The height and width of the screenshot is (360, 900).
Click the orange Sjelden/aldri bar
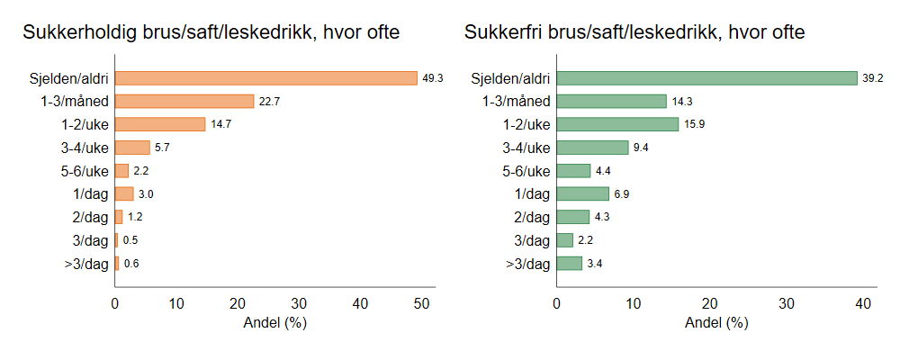click(265, 78)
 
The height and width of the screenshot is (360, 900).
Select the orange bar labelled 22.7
click(184, 101)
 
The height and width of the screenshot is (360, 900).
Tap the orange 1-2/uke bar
click(160, 124)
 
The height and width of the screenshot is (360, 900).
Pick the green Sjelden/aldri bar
click(706, 78)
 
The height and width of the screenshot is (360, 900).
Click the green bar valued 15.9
click(617, 124)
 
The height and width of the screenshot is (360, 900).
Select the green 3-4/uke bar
click(592, 148)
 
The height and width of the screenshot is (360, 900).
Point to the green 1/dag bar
click(583, 193)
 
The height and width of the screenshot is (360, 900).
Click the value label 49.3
click(433, 78)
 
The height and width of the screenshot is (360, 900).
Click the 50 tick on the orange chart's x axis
click(422, 304)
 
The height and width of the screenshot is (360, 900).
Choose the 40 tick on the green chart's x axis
click(863, 304)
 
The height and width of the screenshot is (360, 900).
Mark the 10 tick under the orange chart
click(176, 304)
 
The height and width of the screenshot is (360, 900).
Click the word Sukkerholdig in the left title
click(78, 33)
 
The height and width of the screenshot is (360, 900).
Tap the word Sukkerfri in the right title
click(500, 33)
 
